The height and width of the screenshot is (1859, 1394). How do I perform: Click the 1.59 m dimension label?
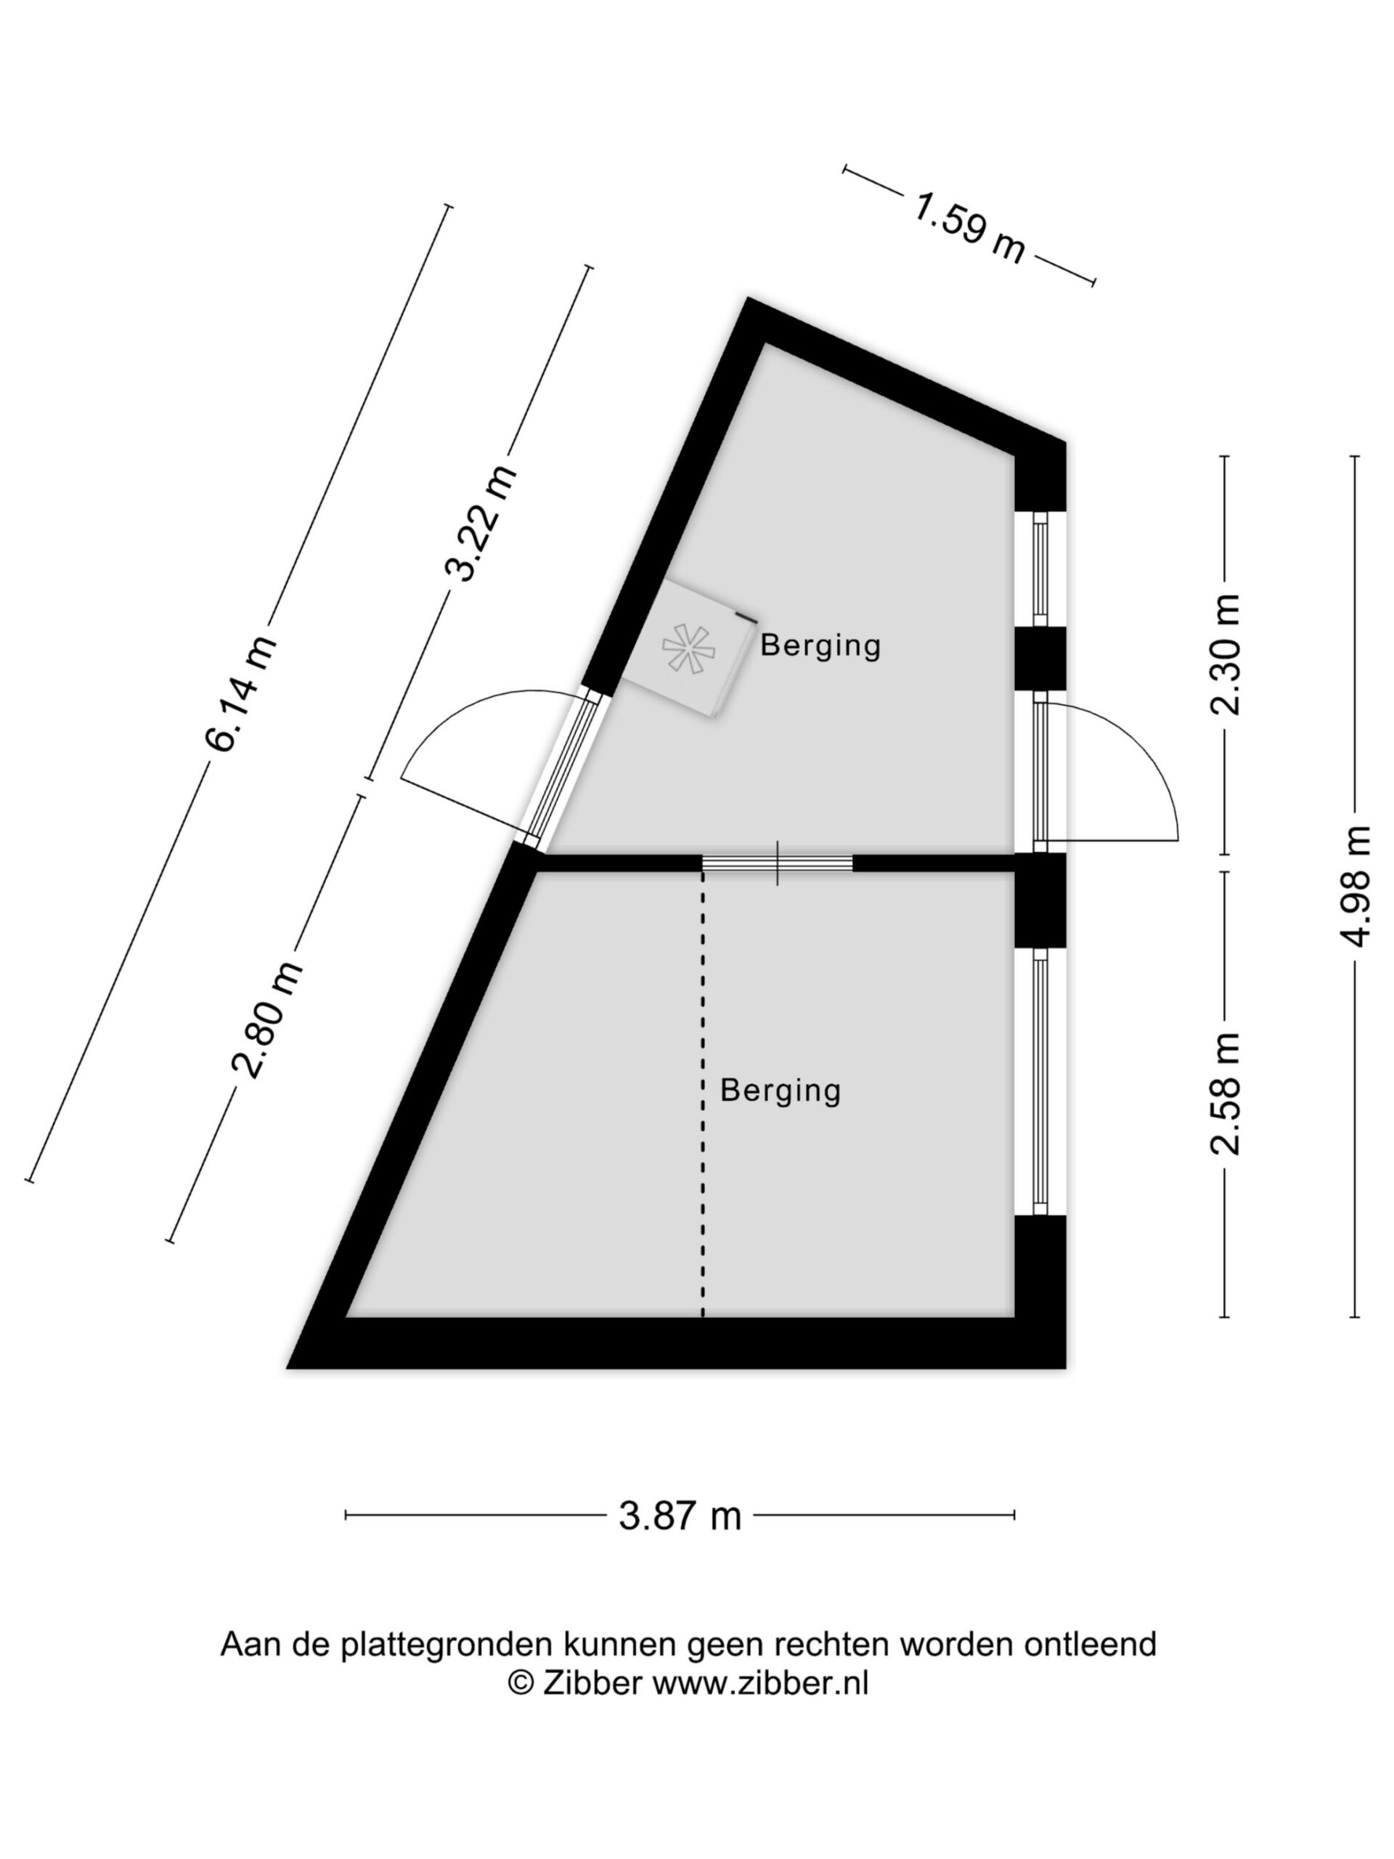click(969, 228)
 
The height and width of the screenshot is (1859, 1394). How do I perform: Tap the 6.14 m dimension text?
click(241, 693)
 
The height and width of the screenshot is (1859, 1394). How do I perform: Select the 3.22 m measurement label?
click(480, 523)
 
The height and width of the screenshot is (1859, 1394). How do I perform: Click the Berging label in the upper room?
click(820, 646)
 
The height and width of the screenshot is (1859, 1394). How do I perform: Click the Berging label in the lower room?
click(780, 1090)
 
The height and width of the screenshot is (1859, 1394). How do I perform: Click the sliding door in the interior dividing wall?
click(778, 863)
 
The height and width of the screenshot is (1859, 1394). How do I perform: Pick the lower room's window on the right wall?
click(1040, 1081)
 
